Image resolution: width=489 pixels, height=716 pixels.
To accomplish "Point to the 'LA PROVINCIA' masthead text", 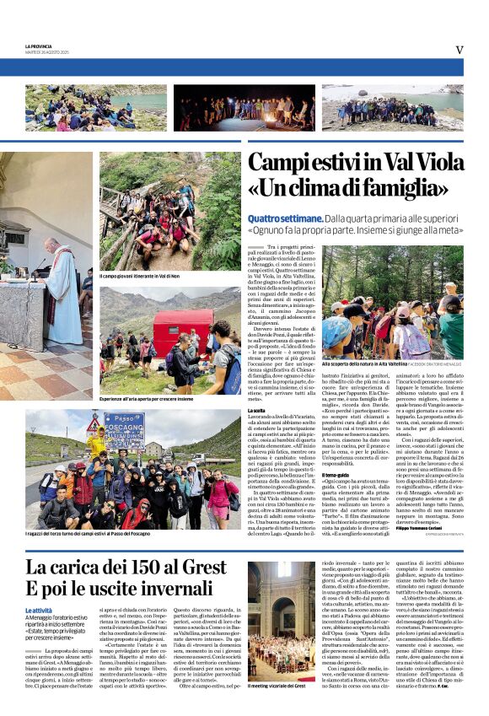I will point(40,46).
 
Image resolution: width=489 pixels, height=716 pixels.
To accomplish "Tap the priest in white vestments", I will point(63,287).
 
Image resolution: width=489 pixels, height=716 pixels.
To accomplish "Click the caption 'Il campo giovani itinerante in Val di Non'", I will point(141,276).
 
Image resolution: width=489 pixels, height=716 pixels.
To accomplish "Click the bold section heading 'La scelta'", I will point(257,410).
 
